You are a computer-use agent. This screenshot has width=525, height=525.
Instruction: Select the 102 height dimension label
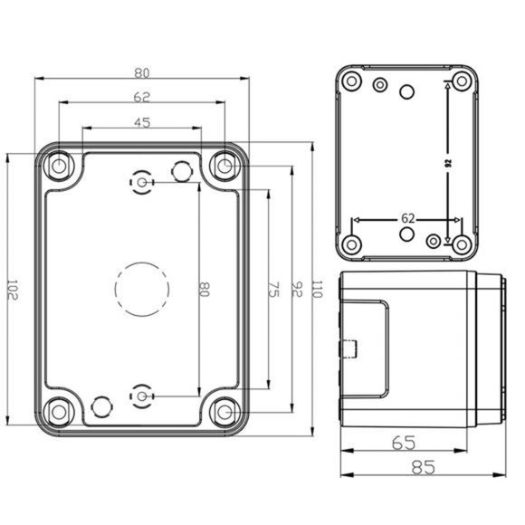tap(14, 290)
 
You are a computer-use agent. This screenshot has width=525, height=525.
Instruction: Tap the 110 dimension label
tap(316, 290)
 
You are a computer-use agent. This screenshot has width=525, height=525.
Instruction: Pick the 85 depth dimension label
tap(422, 467)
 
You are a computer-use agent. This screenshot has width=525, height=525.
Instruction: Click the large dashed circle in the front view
tap(142, 289)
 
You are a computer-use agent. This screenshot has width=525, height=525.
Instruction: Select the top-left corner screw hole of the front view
tap(60, 166)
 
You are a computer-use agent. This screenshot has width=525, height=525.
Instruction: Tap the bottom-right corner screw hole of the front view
tap(224, 413)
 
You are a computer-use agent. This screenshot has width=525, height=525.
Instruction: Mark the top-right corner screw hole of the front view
tap(224, 166)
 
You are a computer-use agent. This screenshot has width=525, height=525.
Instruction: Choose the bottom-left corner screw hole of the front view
tap(60, 413)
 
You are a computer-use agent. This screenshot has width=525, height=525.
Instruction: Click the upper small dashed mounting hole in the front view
tap(141, 183)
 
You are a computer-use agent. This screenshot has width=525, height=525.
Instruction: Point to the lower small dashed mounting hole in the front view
tap(141, 396)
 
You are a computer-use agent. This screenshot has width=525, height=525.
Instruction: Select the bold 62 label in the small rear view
tap(407, 218)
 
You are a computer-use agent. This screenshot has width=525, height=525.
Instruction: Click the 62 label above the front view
tap(142, 97)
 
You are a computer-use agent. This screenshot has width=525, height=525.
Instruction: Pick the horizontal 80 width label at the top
tap(142, 72)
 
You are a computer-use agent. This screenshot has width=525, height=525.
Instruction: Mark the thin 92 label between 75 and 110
tap(296, 290)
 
